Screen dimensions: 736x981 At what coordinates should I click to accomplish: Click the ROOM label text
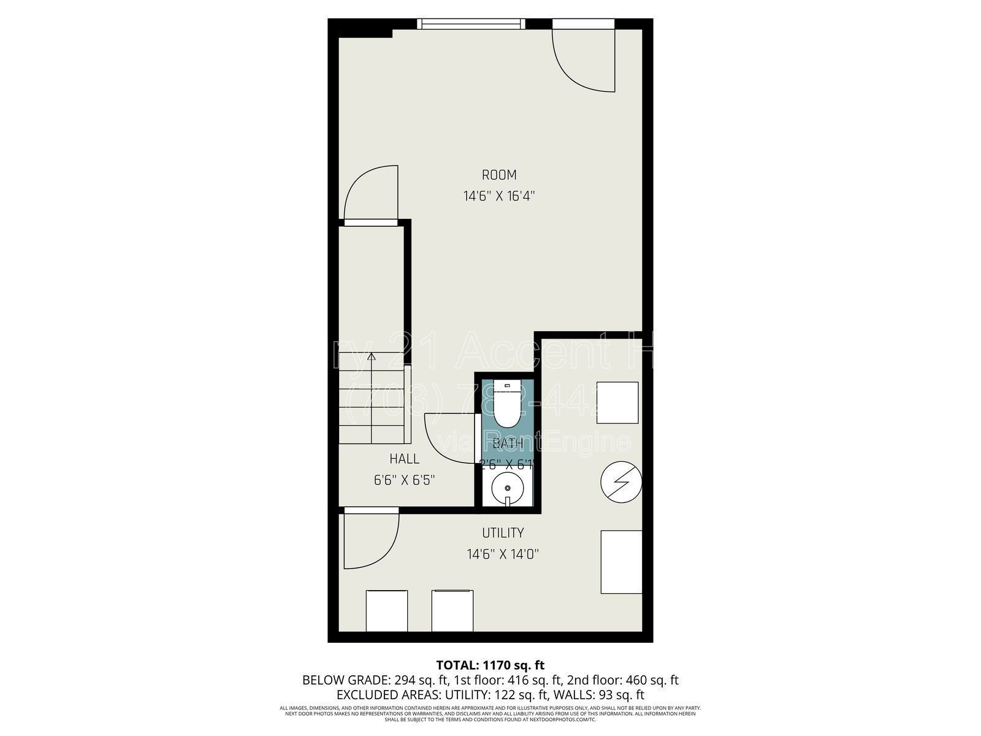click(498, 175)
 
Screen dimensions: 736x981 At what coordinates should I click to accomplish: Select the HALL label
click(404, 459)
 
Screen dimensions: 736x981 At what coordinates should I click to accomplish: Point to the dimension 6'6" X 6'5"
click(405, 480)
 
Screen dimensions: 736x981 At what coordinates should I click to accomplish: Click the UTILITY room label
click(503, 533)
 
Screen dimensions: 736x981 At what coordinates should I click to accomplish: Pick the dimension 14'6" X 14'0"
click(503, 554)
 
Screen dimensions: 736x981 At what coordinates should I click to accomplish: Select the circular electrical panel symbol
click(620, 481)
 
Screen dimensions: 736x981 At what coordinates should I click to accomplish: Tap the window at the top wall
click(471, 24)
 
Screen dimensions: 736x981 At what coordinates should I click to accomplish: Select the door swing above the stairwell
click(372, 193)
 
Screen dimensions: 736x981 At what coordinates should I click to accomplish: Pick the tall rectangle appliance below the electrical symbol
click(621, 562)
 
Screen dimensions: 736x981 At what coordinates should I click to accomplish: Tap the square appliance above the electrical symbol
click(617, 403)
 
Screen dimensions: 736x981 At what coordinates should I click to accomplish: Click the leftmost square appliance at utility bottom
click(386, 610)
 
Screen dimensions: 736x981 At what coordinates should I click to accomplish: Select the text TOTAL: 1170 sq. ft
click(490, 665)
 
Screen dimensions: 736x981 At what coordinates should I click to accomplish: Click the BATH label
click(508, 443)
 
